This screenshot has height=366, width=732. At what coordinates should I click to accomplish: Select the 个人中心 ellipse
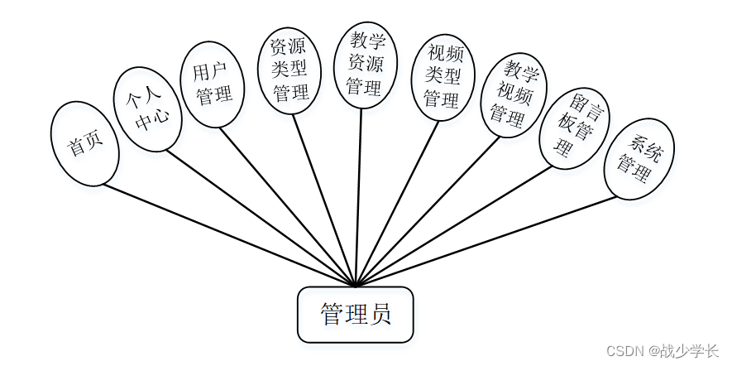click(147, 109)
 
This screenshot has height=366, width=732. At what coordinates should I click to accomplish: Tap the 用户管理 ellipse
click(213, 84)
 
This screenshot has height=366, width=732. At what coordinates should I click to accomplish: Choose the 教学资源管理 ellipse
click(364, 62)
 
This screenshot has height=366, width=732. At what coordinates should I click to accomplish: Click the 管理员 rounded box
click(356, 315)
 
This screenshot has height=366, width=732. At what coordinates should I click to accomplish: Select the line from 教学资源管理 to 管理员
click(359, 199)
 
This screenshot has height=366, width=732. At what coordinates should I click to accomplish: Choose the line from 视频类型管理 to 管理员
click(396, 204)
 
